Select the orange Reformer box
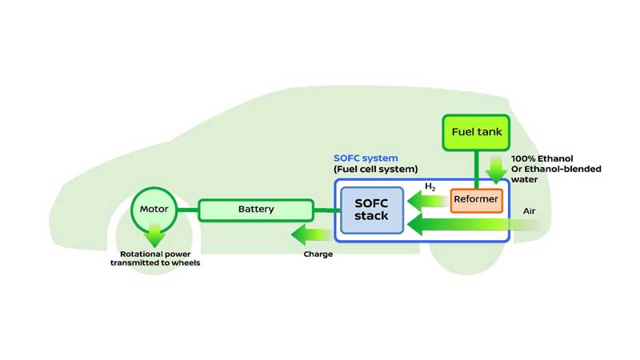pyautogui.click(x=476, y=199)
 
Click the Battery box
pyautogui.click(x=255, y=210)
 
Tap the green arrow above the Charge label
pyautogui.click(x=310, y=235)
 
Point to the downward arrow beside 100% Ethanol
pyautogui.click(x=495, y=170)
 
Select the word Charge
pyautogui.click(x=318, y=254)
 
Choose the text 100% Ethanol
pyautogui.click(x=543, y=159)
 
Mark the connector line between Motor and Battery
pyautogui.click(x=186, y=210)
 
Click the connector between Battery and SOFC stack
pyautogui.click(x=326, y=210)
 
